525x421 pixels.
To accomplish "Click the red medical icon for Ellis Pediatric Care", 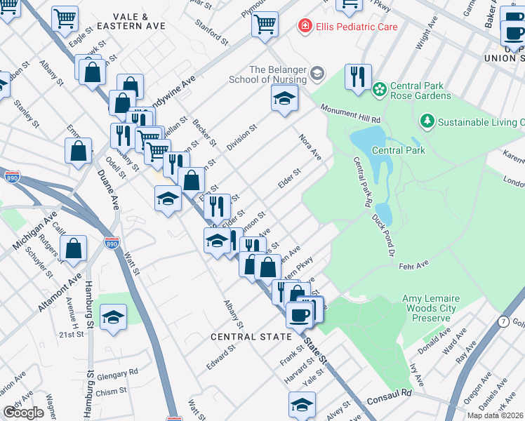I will point(305,27).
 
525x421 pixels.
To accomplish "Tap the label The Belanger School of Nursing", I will point(277,74).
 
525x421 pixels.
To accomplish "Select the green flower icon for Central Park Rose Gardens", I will point(380,89).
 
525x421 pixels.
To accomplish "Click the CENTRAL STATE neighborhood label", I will point(251,337).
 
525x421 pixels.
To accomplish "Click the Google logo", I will point(22,412).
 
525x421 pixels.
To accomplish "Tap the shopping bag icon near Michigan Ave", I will point(73,248).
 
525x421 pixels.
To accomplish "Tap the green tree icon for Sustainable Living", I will point(427,122).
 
